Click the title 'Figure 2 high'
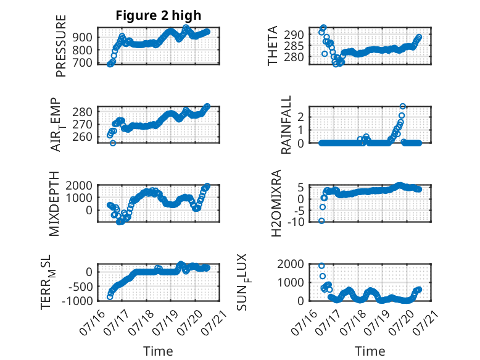coord(159,15)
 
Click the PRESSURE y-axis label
coord(61,46)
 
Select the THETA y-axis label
coord(272,46)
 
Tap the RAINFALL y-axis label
coord(286,125)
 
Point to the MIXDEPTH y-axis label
coord(54,204)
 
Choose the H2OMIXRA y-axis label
coord(276,203)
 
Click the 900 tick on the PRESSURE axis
coord(82,38)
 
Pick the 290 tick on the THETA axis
coord(294,35)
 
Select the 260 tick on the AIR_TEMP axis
coord(82,137)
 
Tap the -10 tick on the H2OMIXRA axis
coord(296,222)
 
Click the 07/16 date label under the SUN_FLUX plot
coord(301,322)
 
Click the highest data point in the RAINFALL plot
coord(402,106)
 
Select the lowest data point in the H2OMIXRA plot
coord(321,221)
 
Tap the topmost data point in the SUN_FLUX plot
coord(321,266)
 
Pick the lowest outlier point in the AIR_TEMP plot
coord(113,143)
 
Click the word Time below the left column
coord(158,351)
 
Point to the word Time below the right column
coord(370,351)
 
